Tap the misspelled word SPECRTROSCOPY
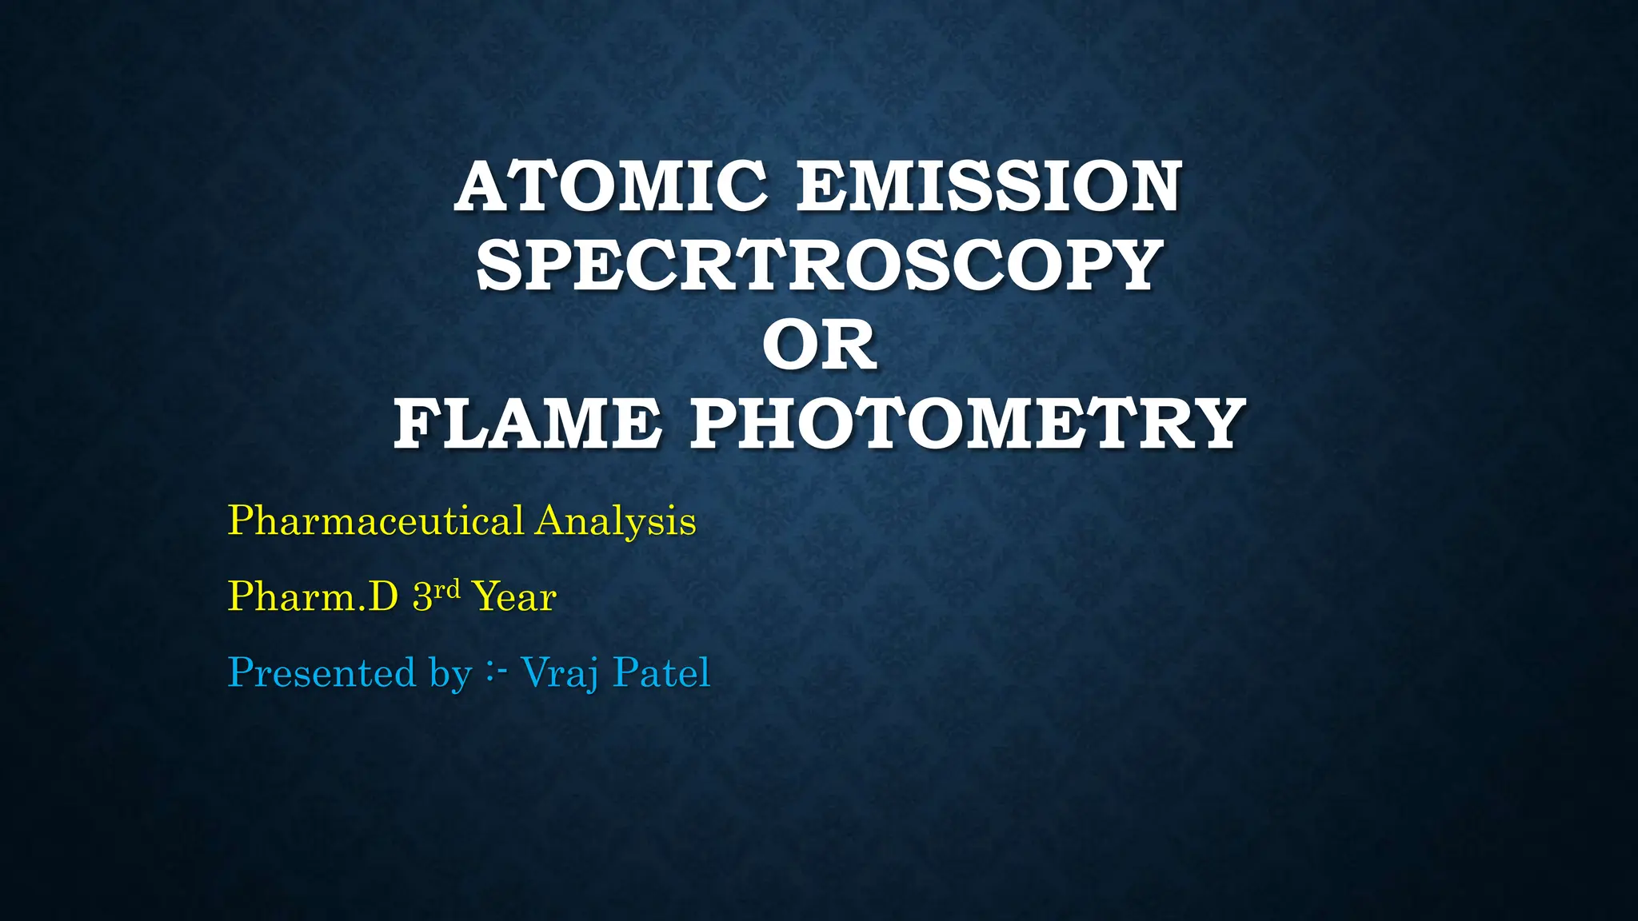click(x=819, y=265)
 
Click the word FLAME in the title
click(x=528, y=424)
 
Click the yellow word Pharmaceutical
click(x=376, y=521)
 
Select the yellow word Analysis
click(x=616, y=521)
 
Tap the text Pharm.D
click(x=313, y=596)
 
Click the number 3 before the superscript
click(x=422, y=597)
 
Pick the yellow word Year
click(x=514, y=597)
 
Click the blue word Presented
click(x=322, y=672)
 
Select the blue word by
click(x=450, y=674)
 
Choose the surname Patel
click(x=661, y=672)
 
